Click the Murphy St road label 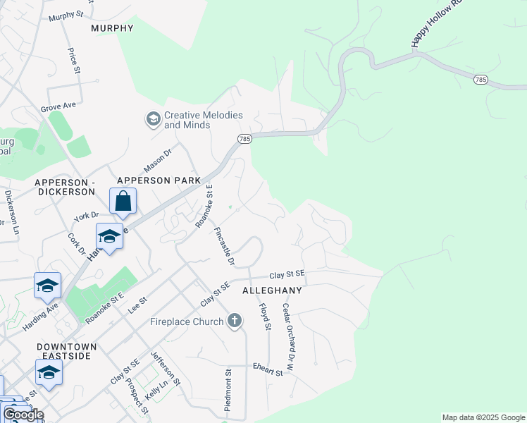point(66,14)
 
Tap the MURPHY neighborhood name point(112,28)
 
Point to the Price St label point(72,60)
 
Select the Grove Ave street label point(58,106)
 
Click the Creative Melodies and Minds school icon point(153,119)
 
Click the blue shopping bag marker point(123,201)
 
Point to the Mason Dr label point(158,160)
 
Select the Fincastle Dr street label point(224,246)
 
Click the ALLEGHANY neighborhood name point(272,290)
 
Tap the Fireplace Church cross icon point(235,322)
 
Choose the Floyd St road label point(265,317)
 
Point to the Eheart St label point(268,369)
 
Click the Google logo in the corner point(23,415)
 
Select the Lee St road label point(137,305)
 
